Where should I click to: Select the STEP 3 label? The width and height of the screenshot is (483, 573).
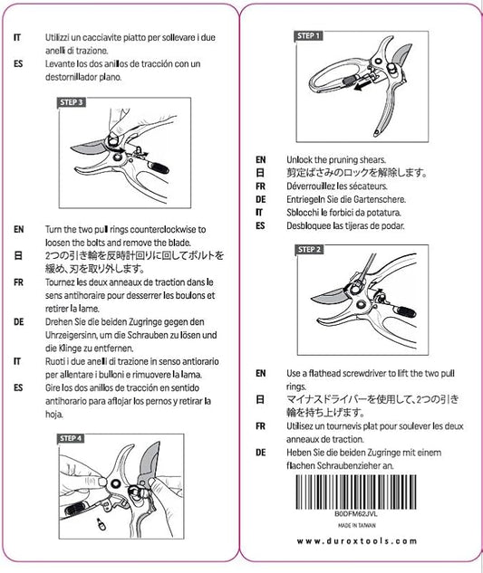[72, 102]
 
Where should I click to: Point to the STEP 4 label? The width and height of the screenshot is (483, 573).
[72, 438]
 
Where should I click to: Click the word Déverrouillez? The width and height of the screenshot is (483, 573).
[313, 185]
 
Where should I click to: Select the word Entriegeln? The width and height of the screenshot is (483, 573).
[306, 198]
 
